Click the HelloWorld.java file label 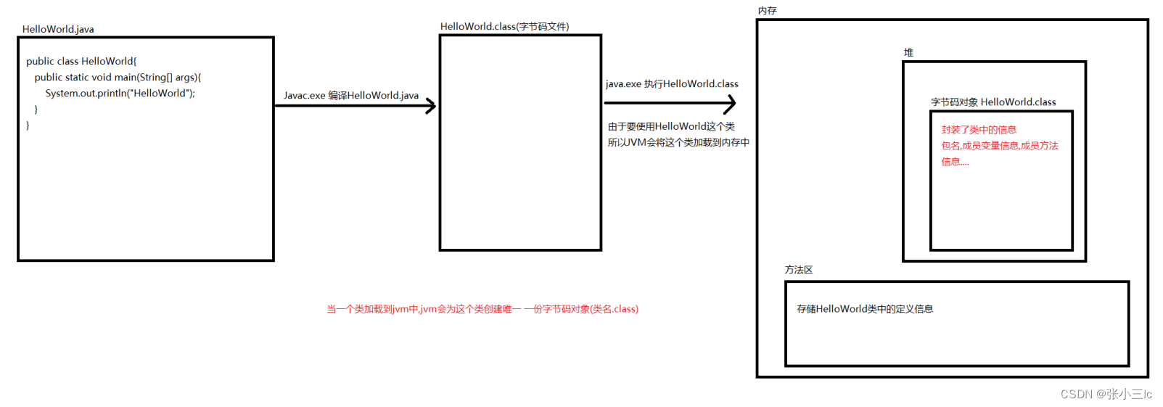pyautogui.click(x=58, y=30)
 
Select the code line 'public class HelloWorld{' pyautogui.click(x=81, y=62)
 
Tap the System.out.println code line pyautogui.click(x=120, y=94)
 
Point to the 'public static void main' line pyautogui.click(x=118, y=78)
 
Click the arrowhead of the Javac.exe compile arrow pyautogui.click(x=432, y=106)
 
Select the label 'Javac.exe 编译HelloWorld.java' pyautogui.click(x=351, y=96)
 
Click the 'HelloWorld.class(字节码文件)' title pyautogui.click(x=504, y=27)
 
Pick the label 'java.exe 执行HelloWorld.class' pyautogui.click(x=672, y=84)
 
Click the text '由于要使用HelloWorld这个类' pyautogui.click(x=671, y=127)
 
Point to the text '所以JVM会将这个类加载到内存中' pyautogui.click(x=678, y=143)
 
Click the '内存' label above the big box pyautogui.click(x=767, y=11)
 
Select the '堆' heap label pyautogui.click(x=908, y=53)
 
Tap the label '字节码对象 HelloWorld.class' pyautogui.click(x=993, y=102)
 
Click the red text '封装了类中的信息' pyautogui.click(x=979, y=130)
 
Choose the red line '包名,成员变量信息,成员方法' pyautogui.click(x=1000, y=146)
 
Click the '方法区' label pyautogui.click(x=798, y=270)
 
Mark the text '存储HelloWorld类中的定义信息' pyautogui.click(x=865, y=309)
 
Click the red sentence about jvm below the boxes pyautogui.click(x=482, y=309)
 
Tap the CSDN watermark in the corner pyautogui.click(x=1106, y=394)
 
